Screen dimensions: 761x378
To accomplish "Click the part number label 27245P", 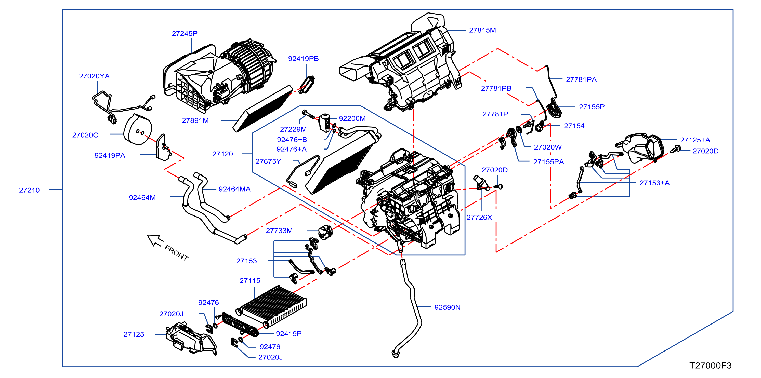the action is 185,33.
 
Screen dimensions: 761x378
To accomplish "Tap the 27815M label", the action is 482,30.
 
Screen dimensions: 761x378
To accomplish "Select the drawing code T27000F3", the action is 711,366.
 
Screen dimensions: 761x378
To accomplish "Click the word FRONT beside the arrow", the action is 176,253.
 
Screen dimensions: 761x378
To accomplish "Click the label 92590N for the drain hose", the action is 447,307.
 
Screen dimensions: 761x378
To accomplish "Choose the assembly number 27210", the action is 29,190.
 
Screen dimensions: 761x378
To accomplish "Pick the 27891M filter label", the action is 195,120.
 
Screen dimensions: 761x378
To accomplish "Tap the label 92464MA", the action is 234,189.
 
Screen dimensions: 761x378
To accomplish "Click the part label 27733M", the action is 279,231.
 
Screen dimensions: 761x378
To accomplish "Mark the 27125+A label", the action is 695,140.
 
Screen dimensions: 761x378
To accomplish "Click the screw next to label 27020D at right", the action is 675,149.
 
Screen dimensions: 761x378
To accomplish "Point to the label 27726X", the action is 479,217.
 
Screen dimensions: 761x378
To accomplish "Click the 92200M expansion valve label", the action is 352,118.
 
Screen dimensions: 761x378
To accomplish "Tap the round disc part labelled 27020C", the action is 138,130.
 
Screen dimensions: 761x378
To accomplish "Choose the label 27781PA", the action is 581,79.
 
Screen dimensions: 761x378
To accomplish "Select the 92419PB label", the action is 303,59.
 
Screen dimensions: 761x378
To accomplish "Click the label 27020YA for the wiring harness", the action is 94,76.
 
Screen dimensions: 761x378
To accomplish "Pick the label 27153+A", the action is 655,183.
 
